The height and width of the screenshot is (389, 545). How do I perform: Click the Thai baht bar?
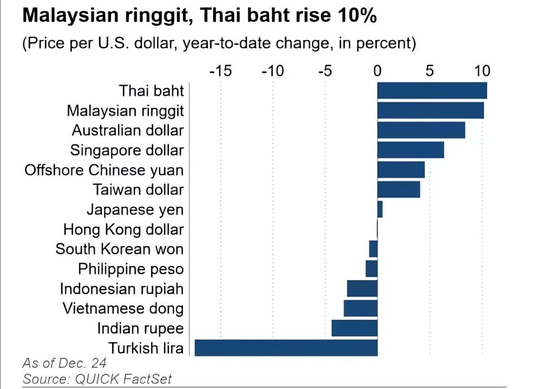[x=432, y=90]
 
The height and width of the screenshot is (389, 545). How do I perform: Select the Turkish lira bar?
[x=286, y=348]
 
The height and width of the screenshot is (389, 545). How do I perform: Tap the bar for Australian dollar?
[x=421, y=130]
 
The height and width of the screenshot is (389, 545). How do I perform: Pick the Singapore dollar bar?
[x=411, y=150]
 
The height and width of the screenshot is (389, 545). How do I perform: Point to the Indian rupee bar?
[x=355, y=328]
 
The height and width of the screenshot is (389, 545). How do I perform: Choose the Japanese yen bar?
[x=380, y=210]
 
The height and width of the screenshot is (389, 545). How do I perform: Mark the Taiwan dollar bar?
[x=399, y=189]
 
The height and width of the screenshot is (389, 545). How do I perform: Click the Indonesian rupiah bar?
[x=362, y=289]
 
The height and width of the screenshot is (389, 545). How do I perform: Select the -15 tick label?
[x=220, y=71]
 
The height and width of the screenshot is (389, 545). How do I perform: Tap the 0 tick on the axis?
[x=377, y=71]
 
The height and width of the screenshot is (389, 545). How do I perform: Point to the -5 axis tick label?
[x=325, y=71]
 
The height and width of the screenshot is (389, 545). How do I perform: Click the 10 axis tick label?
[x=482, y=71]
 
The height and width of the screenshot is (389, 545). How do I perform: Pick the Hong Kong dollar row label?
[x=124, y=229]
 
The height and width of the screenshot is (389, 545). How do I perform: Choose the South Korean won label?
[x=119, y=249]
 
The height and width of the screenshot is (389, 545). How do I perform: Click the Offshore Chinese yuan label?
[x=104, y=170]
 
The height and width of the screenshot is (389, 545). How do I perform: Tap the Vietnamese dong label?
[x=123, y=309]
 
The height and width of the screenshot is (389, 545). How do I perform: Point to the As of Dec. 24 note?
[x=64, y=363]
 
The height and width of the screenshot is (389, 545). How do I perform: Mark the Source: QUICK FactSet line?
[x=98, y=379]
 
